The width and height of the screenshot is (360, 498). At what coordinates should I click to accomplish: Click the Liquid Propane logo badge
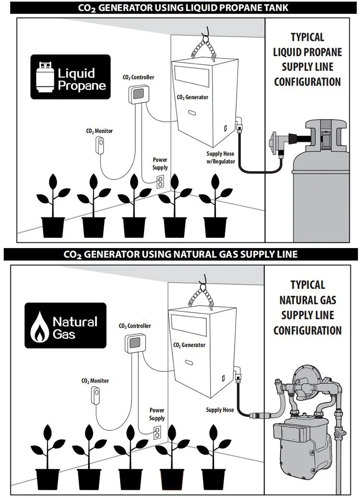point(71,77)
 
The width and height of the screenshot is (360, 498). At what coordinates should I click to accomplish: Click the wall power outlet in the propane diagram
point(160,181)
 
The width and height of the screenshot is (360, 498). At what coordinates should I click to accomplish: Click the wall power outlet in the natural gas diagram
point(157,433)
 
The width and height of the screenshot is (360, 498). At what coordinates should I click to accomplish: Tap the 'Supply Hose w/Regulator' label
point(220,158)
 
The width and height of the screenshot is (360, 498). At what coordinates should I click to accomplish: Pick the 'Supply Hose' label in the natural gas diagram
point(220,410)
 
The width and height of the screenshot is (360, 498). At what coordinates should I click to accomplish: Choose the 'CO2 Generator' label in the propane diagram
point(192,97)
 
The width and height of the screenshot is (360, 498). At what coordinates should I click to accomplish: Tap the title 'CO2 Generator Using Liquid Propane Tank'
point(180,8)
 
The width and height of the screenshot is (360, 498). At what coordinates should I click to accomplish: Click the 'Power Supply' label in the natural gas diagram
point(157,414)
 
